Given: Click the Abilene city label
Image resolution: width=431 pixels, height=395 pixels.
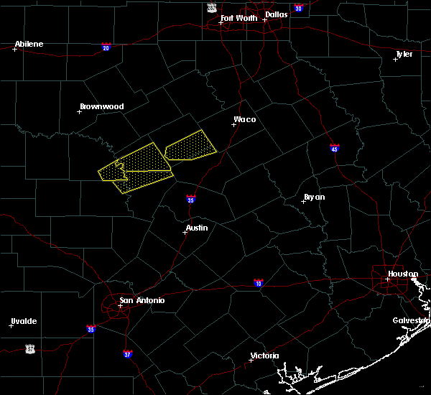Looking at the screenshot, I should click(x=29, y=44).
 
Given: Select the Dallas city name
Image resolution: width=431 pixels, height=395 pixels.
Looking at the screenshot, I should click(x=275, y=14).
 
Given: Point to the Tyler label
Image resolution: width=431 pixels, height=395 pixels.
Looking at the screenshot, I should click(x=404, y=54).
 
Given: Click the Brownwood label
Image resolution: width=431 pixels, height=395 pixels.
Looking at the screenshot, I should click(x=101, y=106).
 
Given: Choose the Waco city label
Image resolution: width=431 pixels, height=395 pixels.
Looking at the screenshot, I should click(x=244, y=119).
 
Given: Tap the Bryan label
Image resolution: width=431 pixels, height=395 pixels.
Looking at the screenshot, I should click(x=314, y=197).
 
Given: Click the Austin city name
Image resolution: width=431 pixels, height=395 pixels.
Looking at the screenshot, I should click(x=197, y=228).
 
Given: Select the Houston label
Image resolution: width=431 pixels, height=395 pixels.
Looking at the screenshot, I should click(x=403, y=274).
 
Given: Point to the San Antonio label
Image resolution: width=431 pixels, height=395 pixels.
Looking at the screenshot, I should click(x=142, y=300).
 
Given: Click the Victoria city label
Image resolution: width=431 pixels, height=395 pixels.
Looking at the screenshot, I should click(x=264, y=355).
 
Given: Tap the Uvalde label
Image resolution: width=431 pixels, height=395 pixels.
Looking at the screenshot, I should click(x=24, y=321).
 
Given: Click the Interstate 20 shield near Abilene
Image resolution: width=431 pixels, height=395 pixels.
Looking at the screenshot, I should click(x=106, y=47).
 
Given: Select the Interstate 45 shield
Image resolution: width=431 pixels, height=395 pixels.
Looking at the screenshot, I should click(x=335, y=149).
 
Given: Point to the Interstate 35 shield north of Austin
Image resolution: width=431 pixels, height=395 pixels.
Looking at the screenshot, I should click(x=190, y=199).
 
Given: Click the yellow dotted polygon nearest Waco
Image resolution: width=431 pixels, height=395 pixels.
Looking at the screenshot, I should click(x=190, y=146).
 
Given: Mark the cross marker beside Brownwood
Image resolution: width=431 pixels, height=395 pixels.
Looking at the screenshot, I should click(x=80, y=111).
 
